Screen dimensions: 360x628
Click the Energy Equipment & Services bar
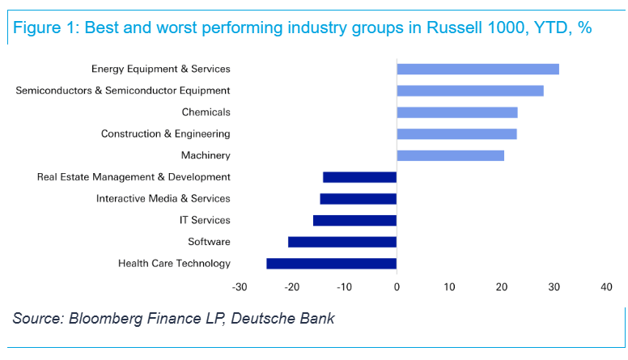point(477,69)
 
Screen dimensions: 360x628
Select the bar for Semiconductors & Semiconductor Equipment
point(469,91)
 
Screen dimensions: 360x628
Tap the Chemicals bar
point(456,112)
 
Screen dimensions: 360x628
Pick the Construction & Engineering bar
point(456,133)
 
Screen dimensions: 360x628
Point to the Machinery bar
point(450,155)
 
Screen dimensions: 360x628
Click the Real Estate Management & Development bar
point(359,177)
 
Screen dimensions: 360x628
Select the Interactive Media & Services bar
point(358,198)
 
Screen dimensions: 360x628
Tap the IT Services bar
point(354,220)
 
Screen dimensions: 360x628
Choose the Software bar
point(342,242)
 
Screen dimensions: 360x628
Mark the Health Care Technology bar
point(331,263)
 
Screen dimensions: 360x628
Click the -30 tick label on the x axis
point(240,287)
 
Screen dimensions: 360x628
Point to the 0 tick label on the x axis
point(397,287)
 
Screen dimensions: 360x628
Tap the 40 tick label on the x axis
point(606,287)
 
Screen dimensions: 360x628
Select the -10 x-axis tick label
point(344,287)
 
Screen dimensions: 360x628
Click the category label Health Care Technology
point(174,263)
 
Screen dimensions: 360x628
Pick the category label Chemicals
point(206,112)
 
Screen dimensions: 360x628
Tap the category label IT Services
point(205,220)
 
